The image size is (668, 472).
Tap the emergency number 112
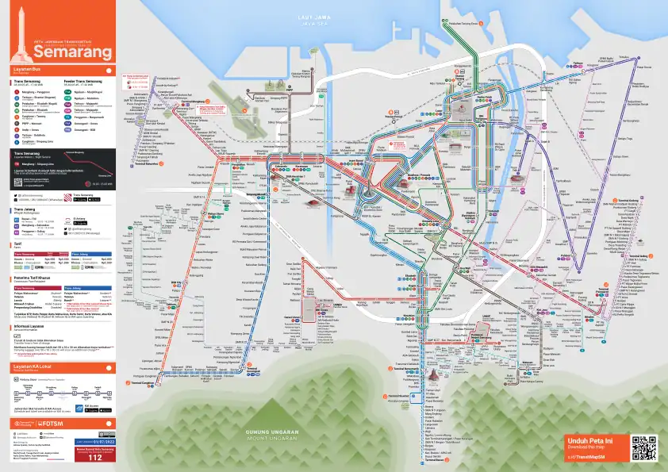click(x=95, y=458)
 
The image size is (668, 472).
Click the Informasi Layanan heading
click(x=30, y=325)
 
